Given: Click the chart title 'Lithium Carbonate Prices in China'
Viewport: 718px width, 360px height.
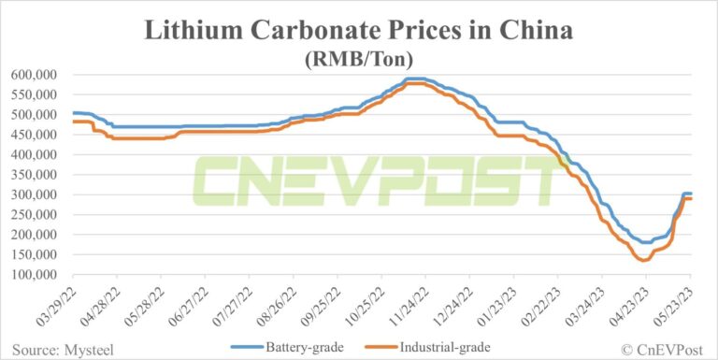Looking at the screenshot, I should point(359,30).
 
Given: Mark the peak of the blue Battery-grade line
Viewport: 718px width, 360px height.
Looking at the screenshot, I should point(416,79).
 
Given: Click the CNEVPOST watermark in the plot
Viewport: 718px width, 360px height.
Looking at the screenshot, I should point(374,180).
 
